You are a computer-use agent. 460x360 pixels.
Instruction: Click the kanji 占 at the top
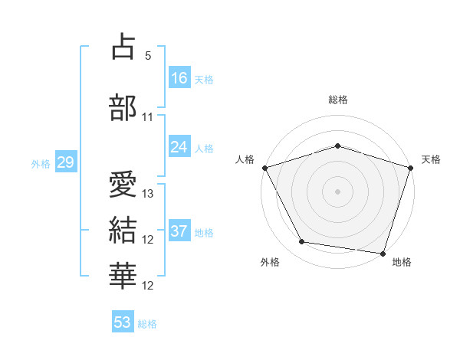tap(123, 47)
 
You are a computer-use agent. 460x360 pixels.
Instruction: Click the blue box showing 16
tap(179, 77)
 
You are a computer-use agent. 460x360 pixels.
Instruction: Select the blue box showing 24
tap(179, 147)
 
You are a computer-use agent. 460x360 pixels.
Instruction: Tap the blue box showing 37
tap(179, 231)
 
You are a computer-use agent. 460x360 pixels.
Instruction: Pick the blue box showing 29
tap(65, 162)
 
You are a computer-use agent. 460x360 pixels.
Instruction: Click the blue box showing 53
tap(123, 322)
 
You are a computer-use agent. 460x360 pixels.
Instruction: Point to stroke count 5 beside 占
tap(149, 56)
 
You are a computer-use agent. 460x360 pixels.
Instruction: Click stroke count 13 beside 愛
tap(149, 194)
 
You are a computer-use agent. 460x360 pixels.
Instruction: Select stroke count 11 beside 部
tap(149, 117)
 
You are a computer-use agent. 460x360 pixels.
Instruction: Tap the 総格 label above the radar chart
tap(338, 100)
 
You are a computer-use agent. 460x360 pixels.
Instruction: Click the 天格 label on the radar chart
tap(431, 160)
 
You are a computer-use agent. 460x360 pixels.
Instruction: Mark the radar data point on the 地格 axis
tap(383, 253)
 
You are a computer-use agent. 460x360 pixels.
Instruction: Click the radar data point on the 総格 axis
tap(338, 146)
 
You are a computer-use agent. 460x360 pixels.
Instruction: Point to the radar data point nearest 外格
tap(302, 242)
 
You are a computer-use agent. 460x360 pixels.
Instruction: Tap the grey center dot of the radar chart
tap(338, 191)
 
